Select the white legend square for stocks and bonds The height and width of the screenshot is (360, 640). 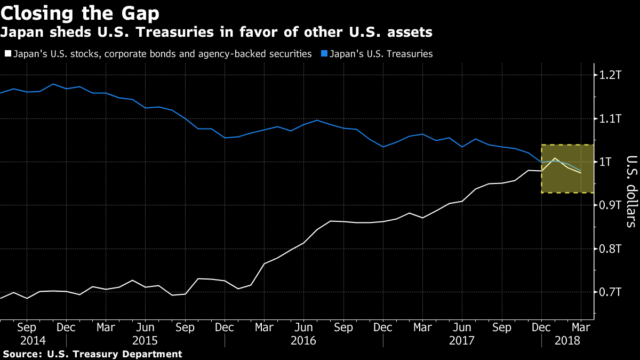7,54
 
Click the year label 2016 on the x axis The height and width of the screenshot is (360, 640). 304,340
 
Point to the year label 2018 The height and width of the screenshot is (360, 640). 568,340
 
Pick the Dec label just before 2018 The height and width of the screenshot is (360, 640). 541,326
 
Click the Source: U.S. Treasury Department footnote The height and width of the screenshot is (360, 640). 92,354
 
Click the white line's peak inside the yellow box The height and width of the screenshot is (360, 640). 555,158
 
